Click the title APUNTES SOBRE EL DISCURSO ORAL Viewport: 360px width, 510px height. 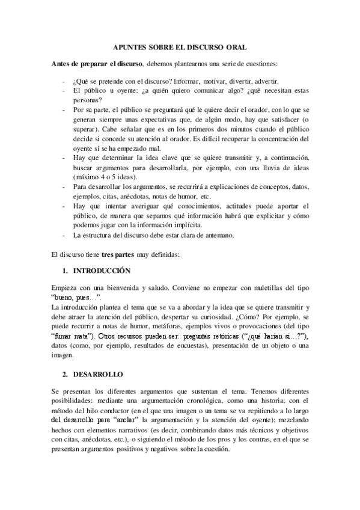pyautogui.click(x=180, y=46)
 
